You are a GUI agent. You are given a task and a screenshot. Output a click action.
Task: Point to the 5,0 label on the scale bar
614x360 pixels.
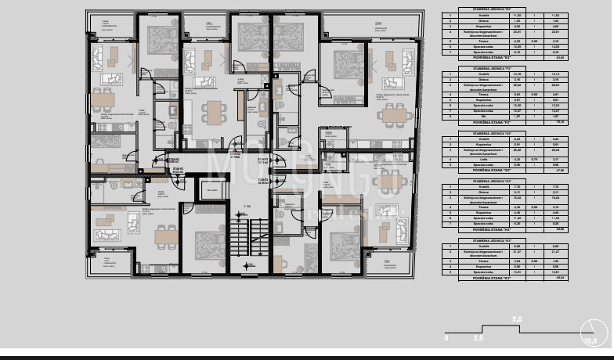(x=516, y=319)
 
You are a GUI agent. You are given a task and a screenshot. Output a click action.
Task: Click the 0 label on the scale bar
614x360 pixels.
(x=446, y=339)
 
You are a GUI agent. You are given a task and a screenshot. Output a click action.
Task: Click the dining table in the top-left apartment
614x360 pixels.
(x=101, y=99)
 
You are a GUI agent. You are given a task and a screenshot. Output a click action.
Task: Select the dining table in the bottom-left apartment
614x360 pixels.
(x=165, y=235)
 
